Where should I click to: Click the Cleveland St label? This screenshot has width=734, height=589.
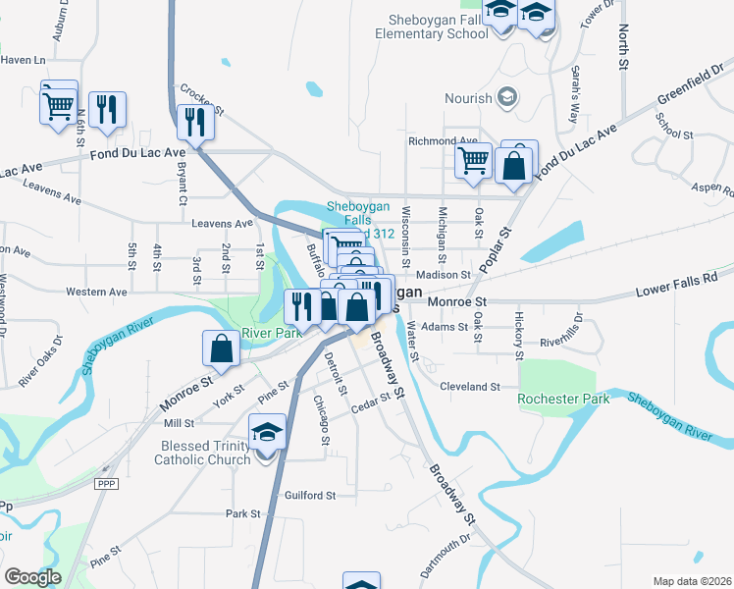click(x=470, y=387)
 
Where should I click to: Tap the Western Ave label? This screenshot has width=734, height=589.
click(x=96, y=292)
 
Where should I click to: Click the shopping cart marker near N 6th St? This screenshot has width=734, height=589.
click(x=58, y=102)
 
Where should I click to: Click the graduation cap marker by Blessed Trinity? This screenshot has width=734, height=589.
click(x=266, y=433)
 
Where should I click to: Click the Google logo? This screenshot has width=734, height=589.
click(x=33, y=577)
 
